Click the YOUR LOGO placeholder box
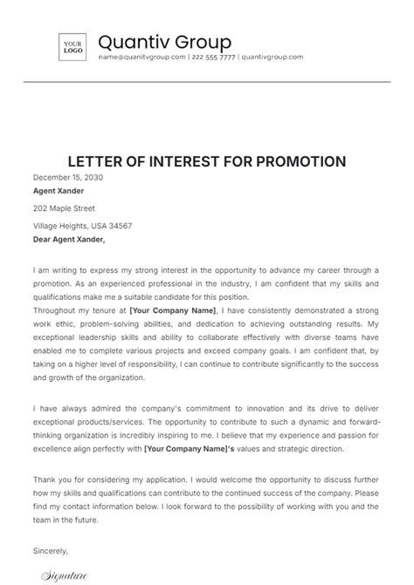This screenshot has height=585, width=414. (72, 46)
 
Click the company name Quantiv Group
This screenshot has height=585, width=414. (164, 42)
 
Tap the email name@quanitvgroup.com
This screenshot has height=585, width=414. (141, 58)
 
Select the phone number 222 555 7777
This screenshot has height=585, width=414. (213, 58)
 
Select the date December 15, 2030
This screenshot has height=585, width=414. (68, 177)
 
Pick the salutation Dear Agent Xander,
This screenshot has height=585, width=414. (68, 239)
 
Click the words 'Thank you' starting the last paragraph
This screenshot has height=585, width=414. (49, 480)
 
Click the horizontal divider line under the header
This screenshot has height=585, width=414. (207, 84)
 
